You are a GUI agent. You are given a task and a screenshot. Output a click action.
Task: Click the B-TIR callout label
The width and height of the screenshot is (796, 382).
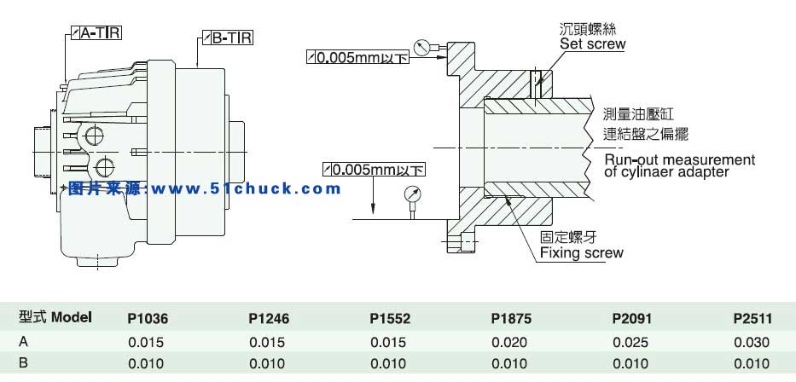(228, 38)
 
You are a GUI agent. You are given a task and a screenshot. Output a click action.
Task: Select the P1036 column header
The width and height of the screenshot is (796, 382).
(148, 320)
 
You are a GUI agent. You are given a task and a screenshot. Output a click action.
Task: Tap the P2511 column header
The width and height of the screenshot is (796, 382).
(752, 320)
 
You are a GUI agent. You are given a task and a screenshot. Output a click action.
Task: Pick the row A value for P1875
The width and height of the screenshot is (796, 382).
(511, 343)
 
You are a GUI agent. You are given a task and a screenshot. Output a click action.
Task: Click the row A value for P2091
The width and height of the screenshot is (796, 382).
(631, 343)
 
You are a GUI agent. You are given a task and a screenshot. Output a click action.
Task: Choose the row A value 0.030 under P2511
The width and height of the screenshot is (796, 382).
(752, 343)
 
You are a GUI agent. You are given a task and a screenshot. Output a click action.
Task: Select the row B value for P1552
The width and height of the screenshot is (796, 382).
(390, 365)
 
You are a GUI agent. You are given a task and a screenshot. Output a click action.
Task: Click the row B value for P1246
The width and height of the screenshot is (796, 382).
(269, 365)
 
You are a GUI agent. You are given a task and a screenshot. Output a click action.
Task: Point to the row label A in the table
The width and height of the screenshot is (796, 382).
(23, 343)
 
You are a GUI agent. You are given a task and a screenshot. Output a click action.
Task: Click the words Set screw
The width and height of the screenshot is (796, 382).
(592, 43)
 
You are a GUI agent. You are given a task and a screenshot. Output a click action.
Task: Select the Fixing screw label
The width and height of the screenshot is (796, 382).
(582, 252)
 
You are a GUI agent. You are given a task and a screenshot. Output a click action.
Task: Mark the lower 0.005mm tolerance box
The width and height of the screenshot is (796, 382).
(374, 169)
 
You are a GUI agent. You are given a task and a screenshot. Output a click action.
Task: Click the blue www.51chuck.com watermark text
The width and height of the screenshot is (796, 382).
(205, 188)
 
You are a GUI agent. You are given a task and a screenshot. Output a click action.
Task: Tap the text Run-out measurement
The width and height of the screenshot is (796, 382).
(679, 159)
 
